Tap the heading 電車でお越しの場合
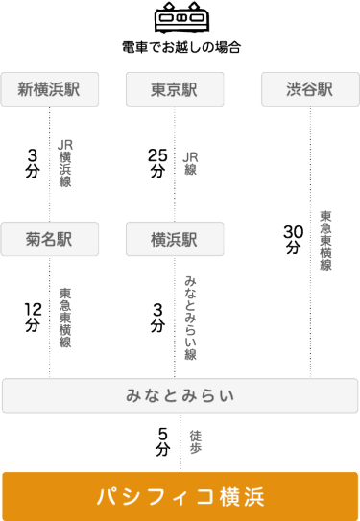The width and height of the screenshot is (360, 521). coord(180,46)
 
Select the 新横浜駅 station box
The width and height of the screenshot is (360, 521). coord(49,90)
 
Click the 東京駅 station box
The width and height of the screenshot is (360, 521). coord(175,90)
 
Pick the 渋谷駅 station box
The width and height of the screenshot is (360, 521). coord(309,90)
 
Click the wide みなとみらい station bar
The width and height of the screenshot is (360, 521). coord(180,395)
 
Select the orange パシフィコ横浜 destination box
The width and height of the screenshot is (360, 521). coord(180,496)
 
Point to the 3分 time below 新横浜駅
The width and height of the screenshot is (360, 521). coord(34,163)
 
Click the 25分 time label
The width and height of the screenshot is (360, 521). coord(157,163)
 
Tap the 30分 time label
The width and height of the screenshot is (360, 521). coord(293,239)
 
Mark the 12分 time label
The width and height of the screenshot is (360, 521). coord(34,316)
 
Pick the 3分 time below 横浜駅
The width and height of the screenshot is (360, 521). coord(157,316)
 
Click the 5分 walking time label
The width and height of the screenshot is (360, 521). coord(163,441)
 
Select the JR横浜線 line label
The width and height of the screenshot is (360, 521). coord(65,163)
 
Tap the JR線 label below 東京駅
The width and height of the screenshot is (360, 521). coord(190,163)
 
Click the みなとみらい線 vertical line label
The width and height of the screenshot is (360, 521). coord(190,316)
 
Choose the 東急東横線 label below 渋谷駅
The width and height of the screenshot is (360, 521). coord(325,240)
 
